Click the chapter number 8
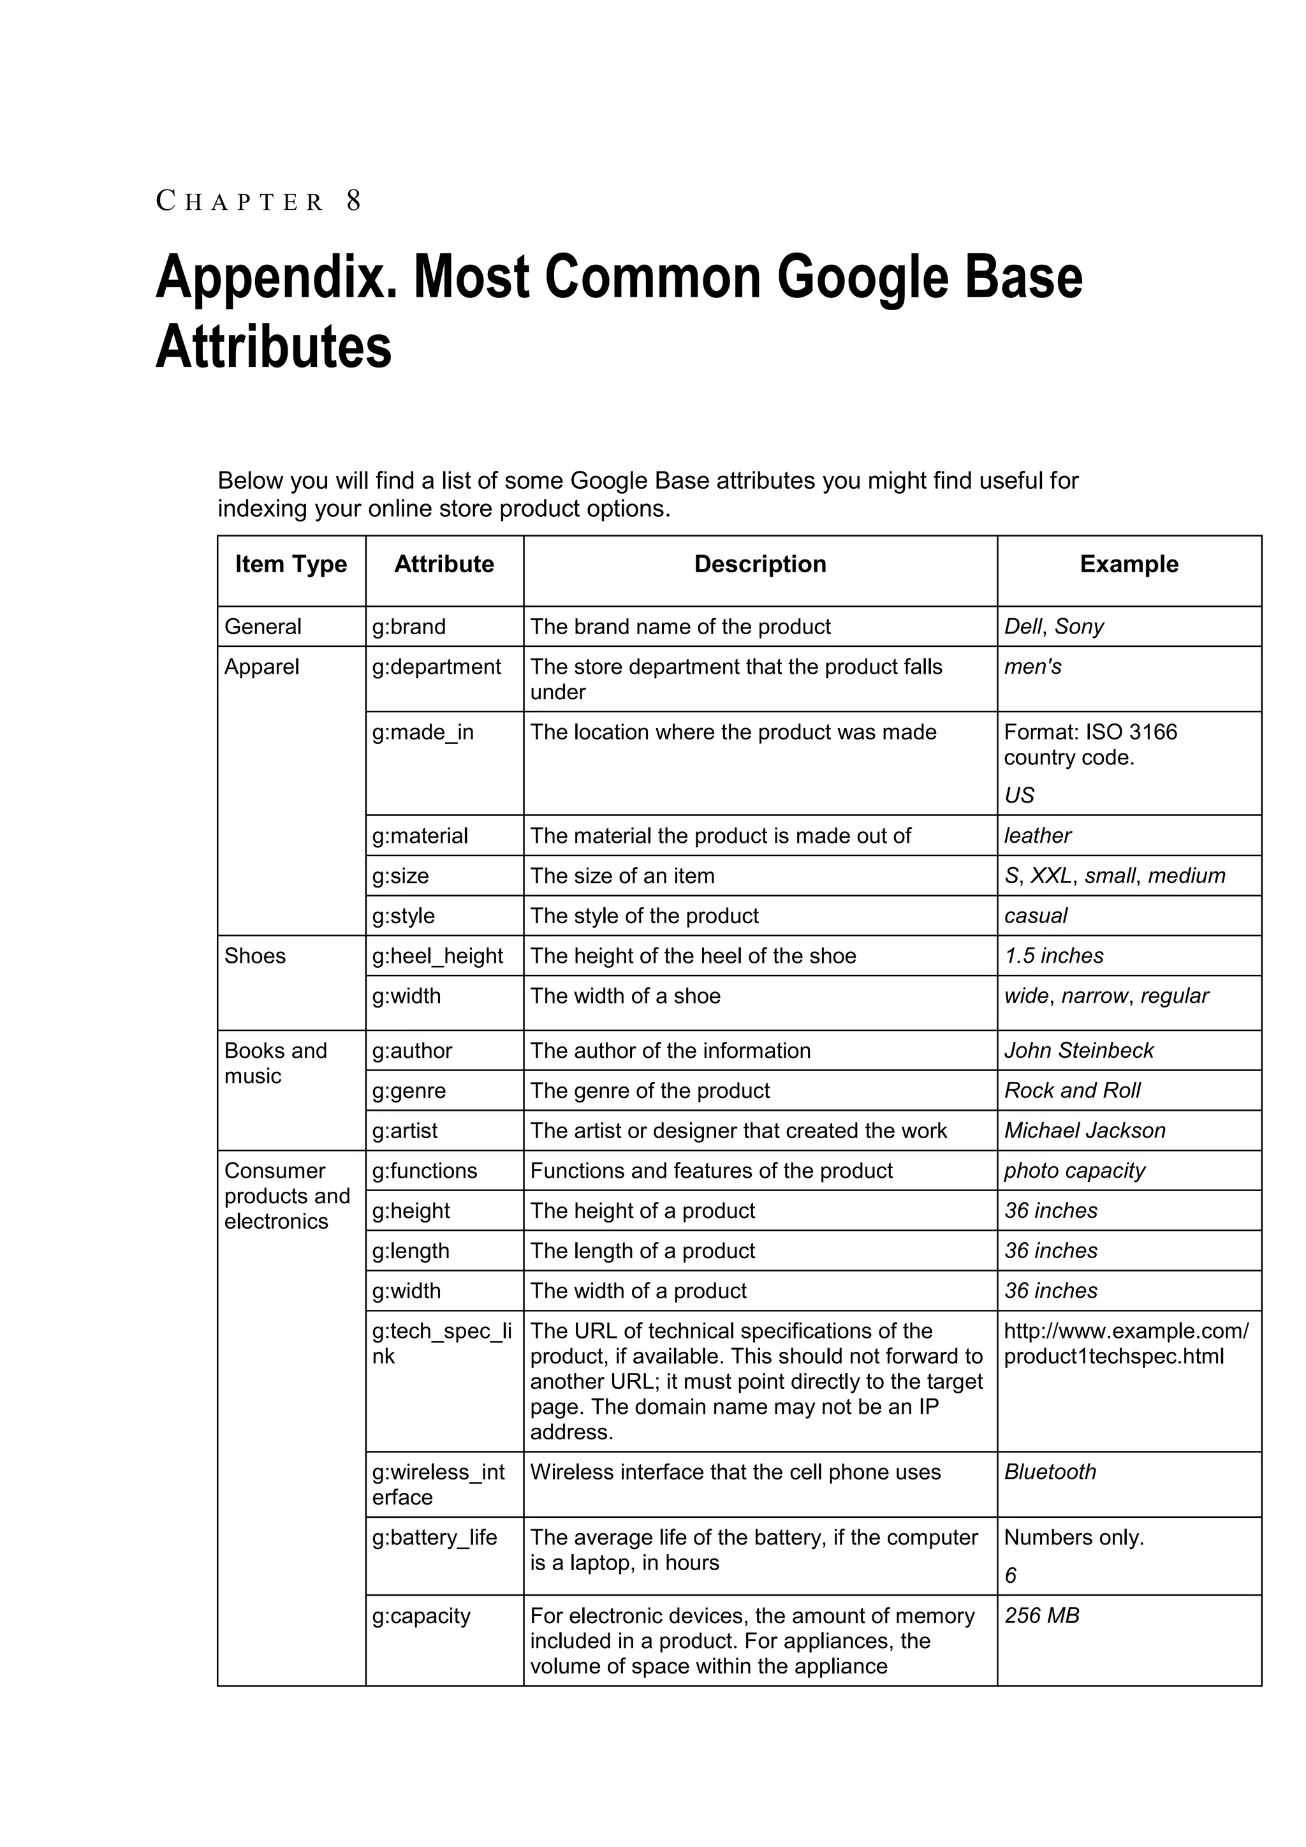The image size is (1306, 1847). tap(354, 201)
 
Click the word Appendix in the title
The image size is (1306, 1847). tap(274, 278)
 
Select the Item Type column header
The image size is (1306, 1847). tap(291, 565)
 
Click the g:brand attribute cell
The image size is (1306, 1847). tap(409, 627)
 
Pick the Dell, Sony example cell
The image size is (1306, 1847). tap(1053, 627)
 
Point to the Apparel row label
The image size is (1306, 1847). tap(261, 667)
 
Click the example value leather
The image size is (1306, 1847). tap(1038, 836)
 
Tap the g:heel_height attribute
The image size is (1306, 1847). tap(437, 956)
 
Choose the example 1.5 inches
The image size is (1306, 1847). tap(1053, 956)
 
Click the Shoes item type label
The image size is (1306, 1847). tap(255, 956)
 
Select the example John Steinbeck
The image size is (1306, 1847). tap(1078, 1051)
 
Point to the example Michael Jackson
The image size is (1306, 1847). tap(1085, 1131)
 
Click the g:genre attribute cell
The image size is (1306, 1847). tap(409, 1092)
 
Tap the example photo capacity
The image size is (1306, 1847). tap(1075, 1171)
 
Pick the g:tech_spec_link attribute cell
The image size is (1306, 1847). tap(441, 1344)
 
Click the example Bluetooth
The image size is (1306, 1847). tap(1050, 1472)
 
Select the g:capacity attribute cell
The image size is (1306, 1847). tap(421, 1616)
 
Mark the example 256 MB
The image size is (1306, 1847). tap(1041, 1616)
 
